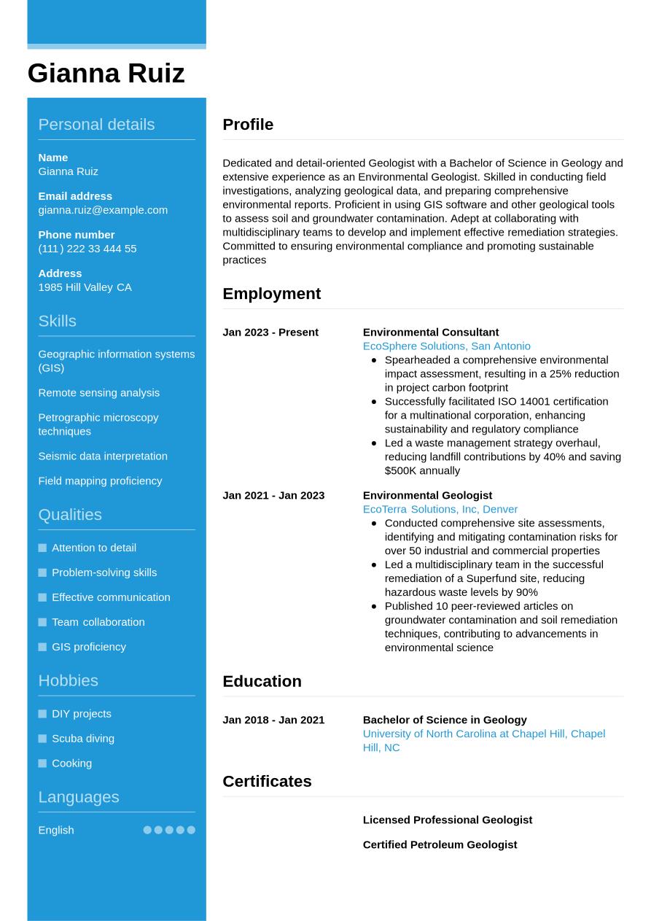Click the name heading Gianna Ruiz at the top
click(106, 73)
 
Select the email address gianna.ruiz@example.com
click(103, 210)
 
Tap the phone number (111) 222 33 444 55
click(87, 249)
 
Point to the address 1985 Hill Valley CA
click(85, 287)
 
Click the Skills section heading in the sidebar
click(57, 321)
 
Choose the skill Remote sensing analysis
click(98, 392)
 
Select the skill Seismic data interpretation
click(103, 456)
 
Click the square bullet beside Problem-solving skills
click(42, 572)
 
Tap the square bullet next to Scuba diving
click(42, 739)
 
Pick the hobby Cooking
click(71, 763)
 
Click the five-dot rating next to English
click(169, 830)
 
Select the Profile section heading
click(248, 125)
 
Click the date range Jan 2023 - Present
click(270, 333)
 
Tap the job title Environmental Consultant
click(431, 333)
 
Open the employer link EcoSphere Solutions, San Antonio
click(446, 346)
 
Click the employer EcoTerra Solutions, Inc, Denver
click(440, 509)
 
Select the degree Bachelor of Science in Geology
click(445, 720)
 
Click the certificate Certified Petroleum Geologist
click(440, 844)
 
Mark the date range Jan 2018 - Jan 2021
click(273, 720)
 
